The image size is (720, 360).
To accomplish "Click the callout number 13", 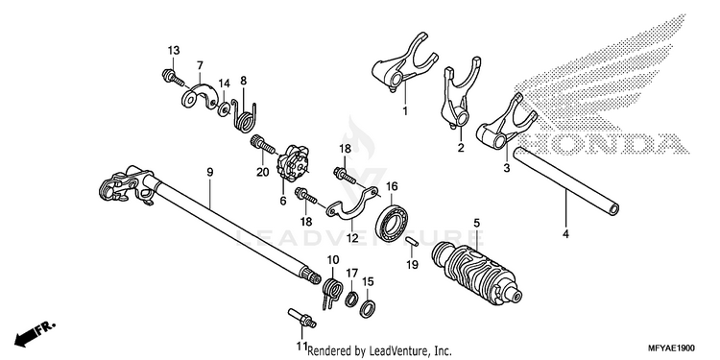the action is (x=173, y=50).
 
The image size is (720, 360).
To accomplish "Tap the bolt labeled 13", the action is (x=173, y=77).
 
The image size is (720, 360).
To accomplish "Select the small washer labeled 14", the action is (x=225, y=109).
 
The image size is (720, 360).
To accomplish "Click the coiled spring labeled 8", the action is (x=245, y=115).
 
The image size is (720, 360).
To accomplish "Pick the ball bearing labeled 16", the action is (x=393, y=223).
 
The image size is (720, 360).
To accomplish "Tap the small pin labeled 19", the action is (x=412, y=242).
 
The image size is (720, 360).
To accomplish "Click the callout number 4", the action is (x=565, y=234).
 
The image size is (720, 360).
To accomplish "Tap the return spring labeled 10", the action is (x=332, y=292).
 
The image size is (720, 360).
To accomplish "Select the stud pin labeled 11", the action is (x=301, y=318).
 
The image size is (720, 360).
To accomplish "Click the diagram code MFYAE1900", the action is (x=671, y=348).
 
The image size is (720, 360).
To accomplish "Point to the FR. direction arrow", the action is (x=35, y=334).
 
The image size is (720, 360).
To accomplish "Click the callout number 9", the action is (x=210, y=172).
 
